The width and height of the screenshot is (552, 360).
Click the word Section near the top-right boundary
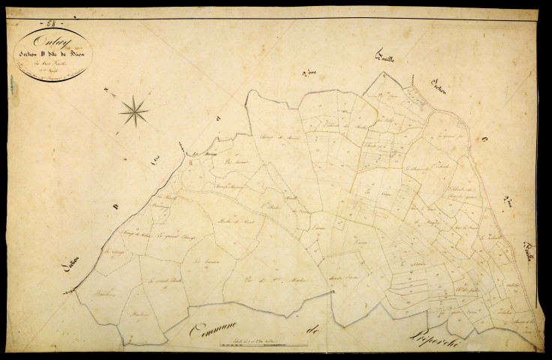click(437, 85)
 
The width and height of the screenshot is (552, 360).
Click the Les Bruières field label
click(199, 262)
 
